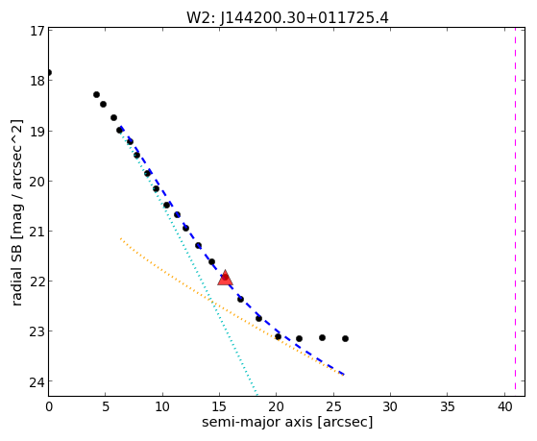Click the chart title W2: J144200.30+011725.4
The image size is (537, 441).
point(287,18)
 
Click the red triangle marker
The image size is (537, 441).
point(226,278)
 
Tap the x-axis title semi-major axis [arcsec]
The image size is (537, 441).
point(287,422)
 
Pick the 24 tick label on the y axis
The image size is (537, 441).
point(37,382)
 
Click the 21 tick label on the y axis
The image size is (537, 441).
point(37,232)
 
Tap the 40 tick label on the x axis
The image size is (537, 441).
point(504,406)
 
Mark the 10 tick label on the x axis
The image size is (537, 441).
point(162,406)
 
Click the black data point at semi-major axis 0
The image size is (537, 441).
point(49,72)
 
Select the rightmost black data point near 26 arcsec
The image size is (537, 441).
point(345,338)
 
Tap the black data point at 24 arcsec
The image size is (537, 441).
point(322,337)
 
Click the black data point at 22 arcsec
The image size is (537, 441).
point(299,338)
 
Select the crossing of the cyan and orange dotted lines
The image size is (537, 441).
point(211,302)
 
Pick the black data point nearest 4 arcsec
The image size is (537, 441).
point(97,94)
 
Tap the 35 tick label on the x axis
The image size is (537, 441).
point(448,406)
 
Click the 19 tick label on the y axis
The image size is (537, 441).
point(37,131)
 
